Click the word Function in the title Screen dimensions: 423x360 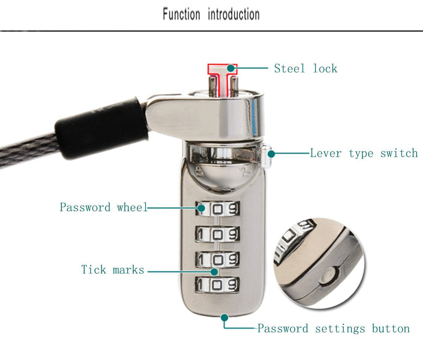pos(181,14)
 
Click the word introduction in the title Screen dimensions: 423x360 pos(234,14)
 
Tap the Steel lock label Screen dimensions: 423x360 pos(306,69)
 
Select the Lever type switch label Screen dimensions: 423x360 pos(364,153)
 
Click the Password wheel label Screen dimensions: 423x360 pos(104,207)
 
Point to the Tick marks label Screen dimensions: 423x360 pos(113,270)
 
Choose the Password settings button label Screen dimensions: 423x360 pos(334,328)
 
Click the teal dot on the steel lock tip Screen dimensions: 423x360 pos(231,68)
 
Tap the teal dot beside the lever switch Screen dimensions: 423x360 pos(271,154)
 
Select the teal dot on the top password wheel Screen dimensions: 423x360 pos(201,208)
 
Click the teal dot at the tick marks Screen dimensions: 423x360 pos(215,272)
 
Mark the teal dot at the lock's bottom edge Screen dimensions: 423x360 pos(224,318)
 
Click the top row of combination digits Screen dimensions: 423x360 pos(218,208)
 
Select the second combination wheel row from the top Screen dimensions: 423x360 pos(217,234)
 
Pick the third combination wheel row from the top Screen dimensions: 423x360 pos(217,260)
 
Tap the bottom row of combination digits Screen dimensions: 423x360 pos(217,284)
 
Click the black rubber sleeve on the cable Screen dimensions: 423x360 pos(101,128)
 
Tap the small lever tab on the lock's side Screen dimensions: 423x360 pos(265,156)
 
